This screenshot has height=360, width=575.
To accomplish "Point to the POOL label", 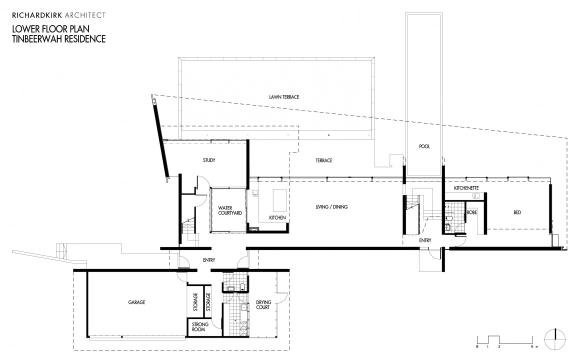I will tap(424, 146).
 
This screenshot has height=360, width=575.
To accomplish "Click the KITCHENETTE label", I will tap(467, 188).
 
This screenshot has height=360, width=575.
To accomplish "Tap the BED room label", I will tap(517, 212).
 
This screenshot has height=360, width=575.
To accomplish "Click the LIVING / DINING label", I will tap(331, 206).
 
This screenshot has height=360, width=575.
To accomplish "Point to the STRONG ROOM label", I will tap(200, 327).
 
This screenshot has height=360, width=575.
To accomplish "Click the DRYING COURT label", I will tap(263, 304).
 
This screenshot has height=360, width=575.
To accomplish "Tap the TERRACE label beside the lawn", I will tap(323, 160).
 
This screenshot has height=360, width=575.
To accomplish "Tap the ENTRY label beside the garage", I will tap(209, 260).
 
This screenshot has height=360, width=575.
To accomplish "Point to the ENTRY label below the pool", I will tap(424, 240).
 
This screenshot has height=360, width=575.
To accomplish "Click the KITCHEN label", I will tap(277, 218).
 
